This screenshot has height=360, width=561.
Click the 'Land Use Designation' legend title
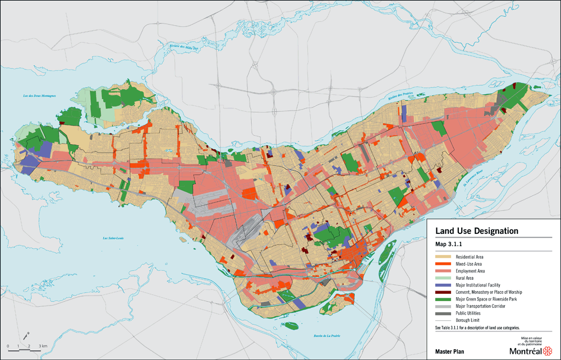coord(476,231)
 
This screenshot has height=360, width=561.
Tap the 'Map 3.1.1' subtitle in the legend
coord(449,244)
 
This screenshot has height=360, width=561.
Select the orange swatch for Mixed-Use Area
coord(443,264)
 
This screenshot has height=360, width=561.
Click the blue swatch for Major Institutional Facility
coord(443,285)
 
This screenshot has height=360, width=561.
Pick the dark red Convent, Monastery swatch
coord(443,292)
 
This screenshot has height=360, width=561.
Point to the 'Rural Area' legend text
coord(465,278)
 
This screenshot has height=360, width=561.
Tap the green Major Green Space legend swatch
coord(443,299)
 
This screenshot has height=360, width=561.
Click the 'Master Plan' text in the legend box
coord(449,351)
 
